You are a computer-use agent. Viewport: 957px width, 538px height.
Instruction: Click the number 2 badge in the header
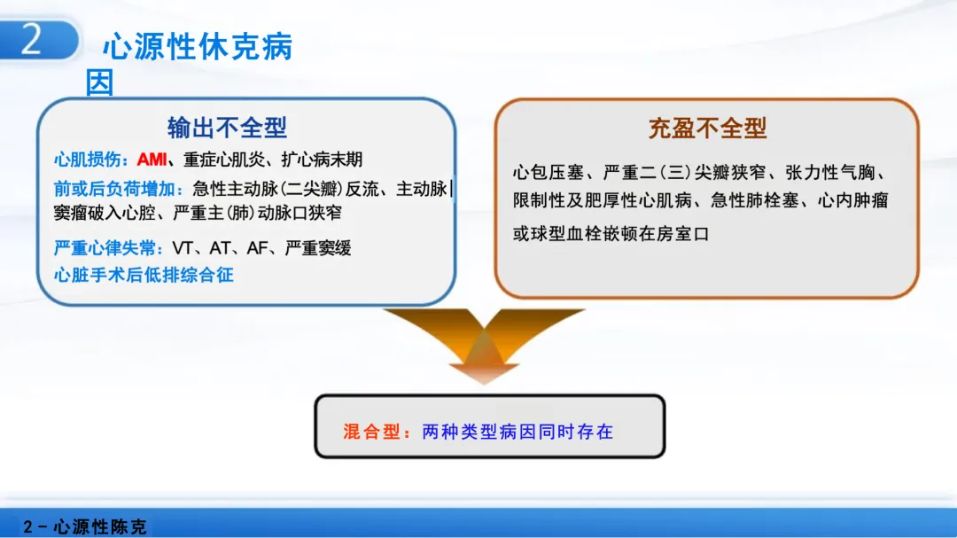pyautogui.click(x=39, y=39)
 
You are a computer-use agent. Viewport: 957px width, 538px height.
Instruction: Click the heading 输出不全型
pyautogui.click(x=227, y=128)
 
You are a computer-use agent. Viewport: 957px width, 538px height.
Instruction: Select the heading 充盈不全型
pyautogui.click(x=707, y=129)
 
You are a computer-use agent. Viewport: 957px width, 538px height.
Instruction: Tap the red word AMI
pyautogui.click(x=152, y=160)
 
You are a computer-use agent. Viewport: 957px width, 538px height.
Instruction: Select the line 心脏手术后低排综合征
pyautogui.click(x=144, y=275)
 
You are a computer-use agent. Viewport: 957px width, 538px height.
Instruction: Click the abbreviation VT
pyautogui.click(x=183, y=248)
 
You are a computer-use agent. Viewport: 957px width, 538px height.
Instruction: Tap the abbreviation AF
pyautogui.click(x=258, y=248)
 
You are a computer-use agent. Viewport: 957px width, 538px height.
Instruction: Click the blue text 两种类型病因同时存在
pyautogui.click(x=517, y=432)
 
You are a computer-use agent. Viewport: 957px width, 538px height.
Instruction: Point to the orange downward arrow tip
pyautogui.click(x=484, y=383)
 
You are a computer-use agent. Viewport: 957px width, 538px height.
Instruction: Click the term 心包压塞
pyautogui.click(x=549, y=173)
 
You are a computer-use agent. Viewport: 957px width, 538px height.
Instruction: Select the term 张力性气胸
pyautogui.click(x=830, y=173)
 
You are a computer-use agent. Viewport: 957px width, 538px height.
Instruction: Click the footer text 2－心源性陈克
pyautogui.click(x=85, y=526)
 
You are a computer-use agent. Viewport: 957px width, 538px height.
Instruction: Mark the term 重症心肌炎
pyautogui.click(x=224, y=160)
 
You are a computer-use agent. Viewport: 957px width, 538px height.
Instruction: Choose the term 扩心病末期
pyautogui.click(x=322, y=160)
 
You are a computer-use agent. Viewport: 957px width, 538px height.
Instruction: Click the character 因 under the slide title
pyautogui.click(x=99, y=82)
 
